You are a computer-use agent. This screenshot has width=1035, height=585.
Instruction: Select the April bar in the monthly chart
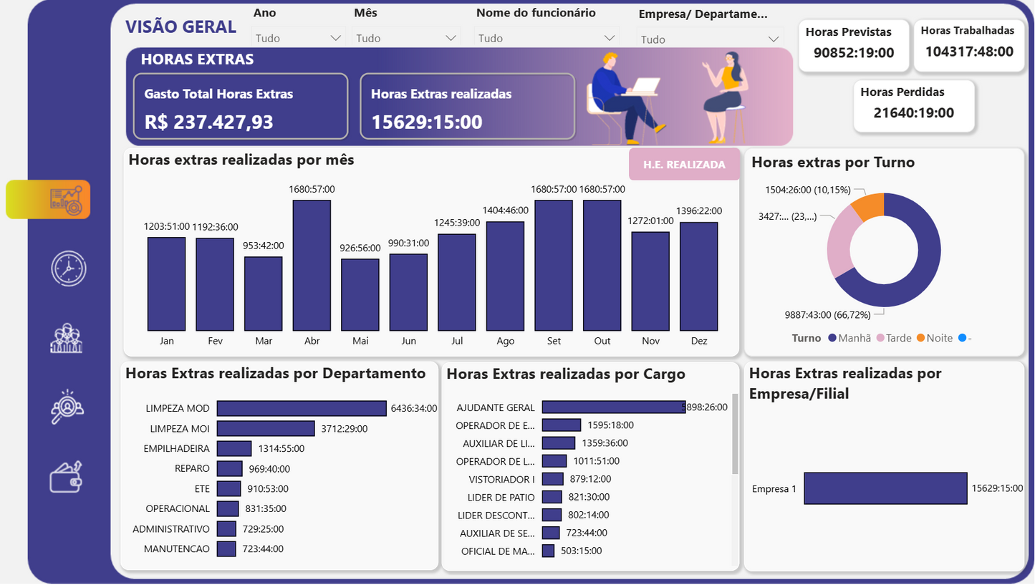[312, 266]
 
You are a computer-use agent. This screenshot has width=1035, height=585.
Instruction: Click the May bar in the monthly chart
[360, 295]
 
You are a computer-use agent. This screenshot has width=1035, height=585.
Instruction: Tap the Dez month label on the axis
[698, 342]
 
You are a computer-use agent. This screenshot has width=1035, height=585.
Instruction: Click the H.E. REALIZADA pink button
[684, 165]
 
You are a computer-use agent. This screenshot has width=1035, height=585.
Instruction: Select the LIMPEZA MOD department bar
[302, 408]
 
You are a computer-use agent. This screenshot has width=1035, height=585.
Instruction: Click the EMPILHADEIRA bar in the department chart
[234, 448]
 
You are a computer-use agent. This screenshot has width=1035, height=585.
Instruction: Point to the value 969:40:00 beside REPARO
[269, 469]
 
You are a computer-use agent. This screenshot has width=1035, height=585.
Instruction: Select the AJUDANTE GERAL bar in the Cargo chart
[613, 407]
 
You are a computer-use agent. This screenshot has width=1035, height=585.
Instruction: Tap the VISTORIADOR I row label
[501, 479]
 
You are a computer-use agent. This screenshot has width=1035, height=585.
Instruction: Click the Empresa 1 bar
[885, 488]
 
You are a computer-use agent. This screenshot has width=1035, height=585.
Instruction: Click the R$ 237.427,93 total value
[209, 122]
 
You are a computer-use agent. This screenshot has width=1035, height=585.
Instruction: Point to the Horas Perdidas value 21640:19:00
[913, 112]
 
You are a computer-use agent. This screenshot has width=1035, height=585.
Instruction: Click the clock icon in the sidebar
[68, 269]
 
